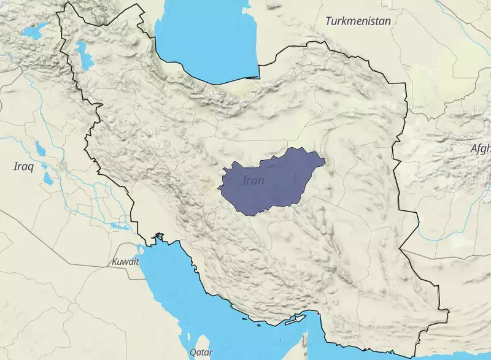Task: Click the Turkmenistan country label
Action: (x=359, y=21)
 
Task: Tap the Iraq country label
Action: (x=23, y=166)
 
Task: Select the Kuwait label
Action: (x=125, y=261)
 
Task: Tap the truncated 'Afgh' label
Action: (x=480, y=148)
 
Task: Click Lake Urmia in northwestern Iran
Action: (x=83, y=56)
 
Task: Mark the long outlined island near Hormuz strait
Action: (x=295, y=320)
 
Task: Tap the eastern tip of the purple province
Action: (x=323, y=163)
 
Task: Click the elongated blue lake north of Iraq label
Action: (x=41, y=148)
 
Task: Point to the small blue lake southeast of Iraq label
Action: (x=47, y=179)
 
